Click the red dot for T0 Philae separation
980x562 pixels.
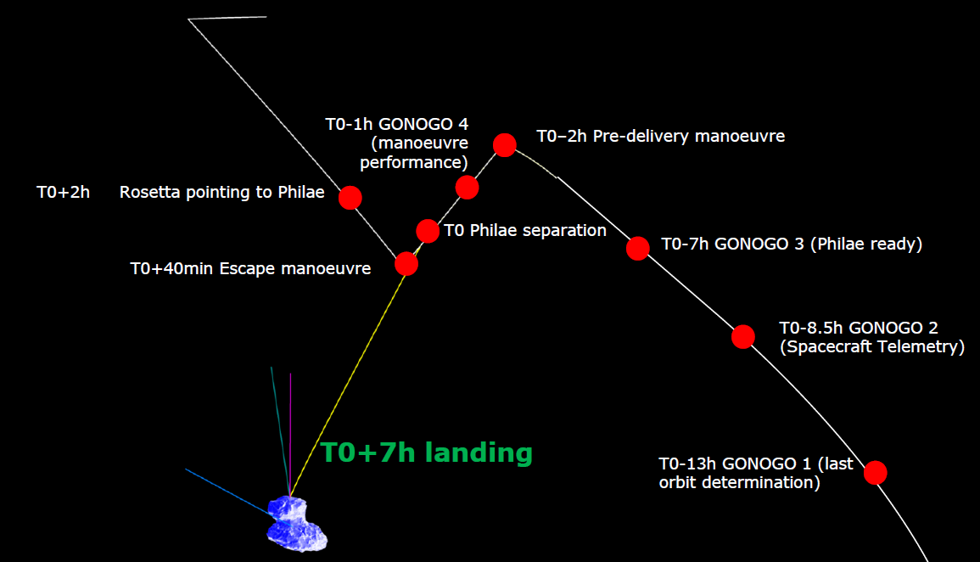pos(428,230)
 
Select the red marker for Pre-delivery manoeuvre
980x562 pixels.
pos(504,145)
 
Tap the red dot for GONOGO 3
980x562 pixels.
pos(637,248)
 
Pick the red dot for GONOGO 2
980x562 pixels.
pos(742,337)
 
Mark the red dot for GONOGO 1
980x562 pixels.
pos(875,472)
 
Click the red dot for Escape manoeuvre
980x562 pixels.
pos(406,264)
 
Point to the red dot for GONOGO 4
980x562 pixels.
pos(467,187)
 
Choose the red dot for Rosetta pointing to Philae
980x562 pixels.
pos(350,198)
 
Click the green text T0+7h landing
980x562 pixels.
pos(426,452)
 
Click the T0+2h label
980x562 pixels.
pos(63,193)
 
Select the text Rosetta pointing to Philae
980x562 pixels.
pos(221,193)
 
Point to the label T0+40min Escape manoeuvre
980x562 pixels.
pos(250,269)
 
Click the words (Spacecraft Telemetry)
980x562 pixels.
pos(871,346)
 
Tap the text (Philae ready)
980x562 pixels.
pos(865,244)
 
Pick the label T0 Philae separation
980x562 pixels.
pos(525,231)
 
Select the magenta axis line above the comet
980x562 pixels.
pos(290,424)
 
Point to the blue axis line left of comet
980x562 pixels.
pos(225,491)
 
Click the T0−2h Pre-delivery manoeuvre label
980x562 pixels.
pos(660,136)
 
